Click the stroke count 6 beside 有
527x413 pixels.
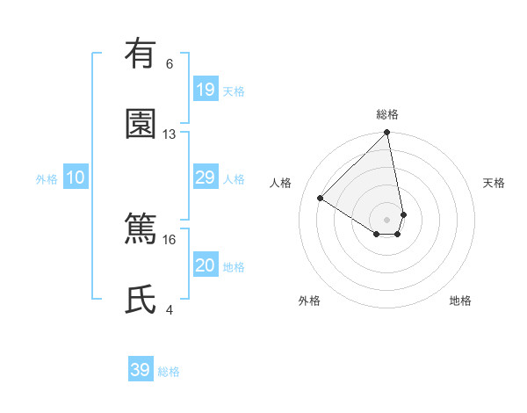(x=170, y=64)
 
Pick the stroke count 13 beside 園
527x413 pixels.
(x=170, y=134)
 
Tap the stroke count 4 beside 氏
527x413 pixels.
(x=170, y=309)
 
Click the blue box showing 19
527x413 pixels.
(x=206, y=90)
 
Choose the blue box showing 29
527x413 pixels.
(x=206, y=178)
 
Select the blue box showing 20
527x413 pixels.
(x=206, y=266)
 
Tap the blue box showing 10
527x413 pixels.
(x=76, y=178)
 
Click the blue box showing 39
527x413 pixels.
(x=141, y=370)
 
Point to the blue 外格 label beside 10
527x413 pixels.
(x=47, y=179)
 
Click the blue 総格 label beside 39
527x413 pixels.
(x=169, y=372)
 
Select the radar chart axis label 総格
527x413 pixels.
(x=387, y=114)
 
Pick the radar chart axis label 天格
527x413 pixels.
(x=494, y=183)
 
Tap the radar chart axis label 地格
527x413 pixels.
(x=460, y=301)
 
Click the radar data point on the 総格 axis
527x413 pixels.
(x=387, y=134)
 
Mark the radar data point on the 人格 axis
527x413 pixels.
(x=321, y=198)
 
